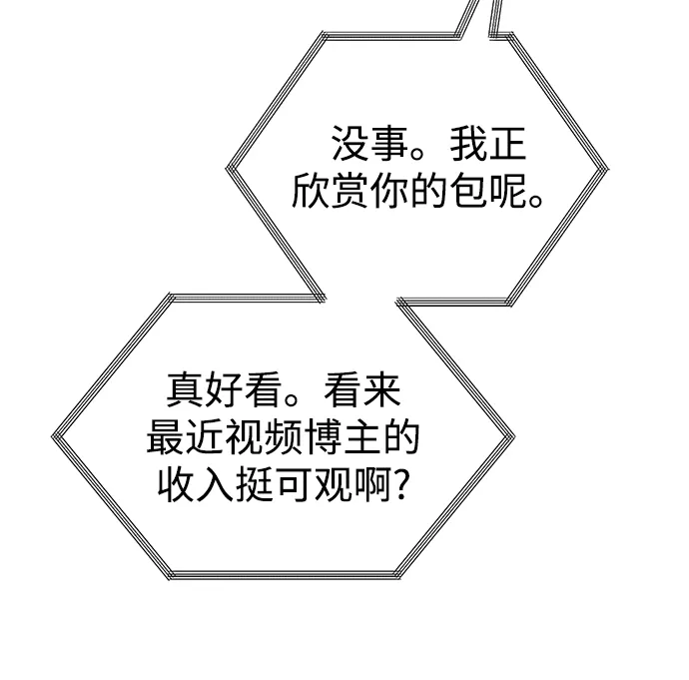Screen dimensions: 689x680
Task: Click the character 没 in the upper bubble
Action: click(349, 143)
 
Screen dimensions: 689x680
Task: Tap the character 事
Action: click(388, 143)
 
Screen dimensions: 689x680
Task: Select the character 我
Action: click(467, 143)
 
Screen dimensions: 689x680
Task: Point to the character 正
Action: click(507, 144)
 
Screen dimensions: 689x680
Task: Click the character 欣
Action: click(311, 190)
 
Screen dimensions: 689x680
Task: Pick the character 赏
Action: click(349, 190)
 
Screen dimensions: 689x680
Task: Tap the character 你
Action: click(388, 190)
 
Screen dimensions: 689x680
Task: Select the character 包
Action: click(468, 190)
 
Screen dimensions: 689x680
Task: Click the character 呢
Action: click(507, 190)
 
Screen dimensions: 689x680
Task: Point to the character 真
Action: click(185, 389)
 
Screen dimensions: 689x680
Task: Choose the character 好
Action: click(224, 389)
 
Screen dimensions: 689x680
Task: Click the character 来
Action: click(381, 389)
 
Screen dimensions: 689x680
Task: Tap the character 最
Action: click(165, 436)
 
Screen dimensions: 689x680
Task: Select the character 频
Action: click(283, 436)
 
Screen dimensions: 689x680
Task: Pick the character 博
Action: click(323, 436)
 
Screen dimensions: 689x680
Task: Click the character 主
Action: click(361, 436)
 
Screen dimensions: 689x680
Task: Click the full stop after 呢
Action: click(536, 201)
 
